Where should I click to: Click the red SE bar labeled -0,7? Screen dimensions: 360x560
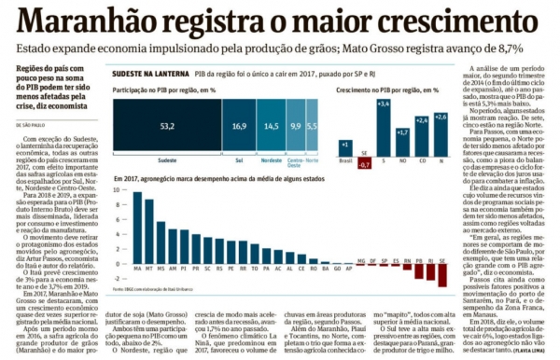tap(365, 162)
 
